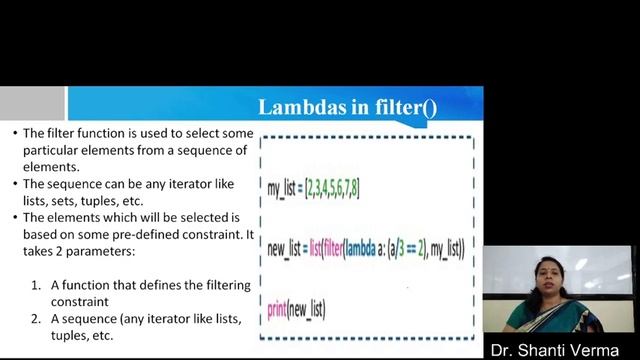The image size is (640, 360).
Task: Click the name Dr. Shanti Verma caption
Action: (562, 349)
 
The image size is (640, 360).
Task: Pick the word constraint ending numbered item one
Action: (88, 300)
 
